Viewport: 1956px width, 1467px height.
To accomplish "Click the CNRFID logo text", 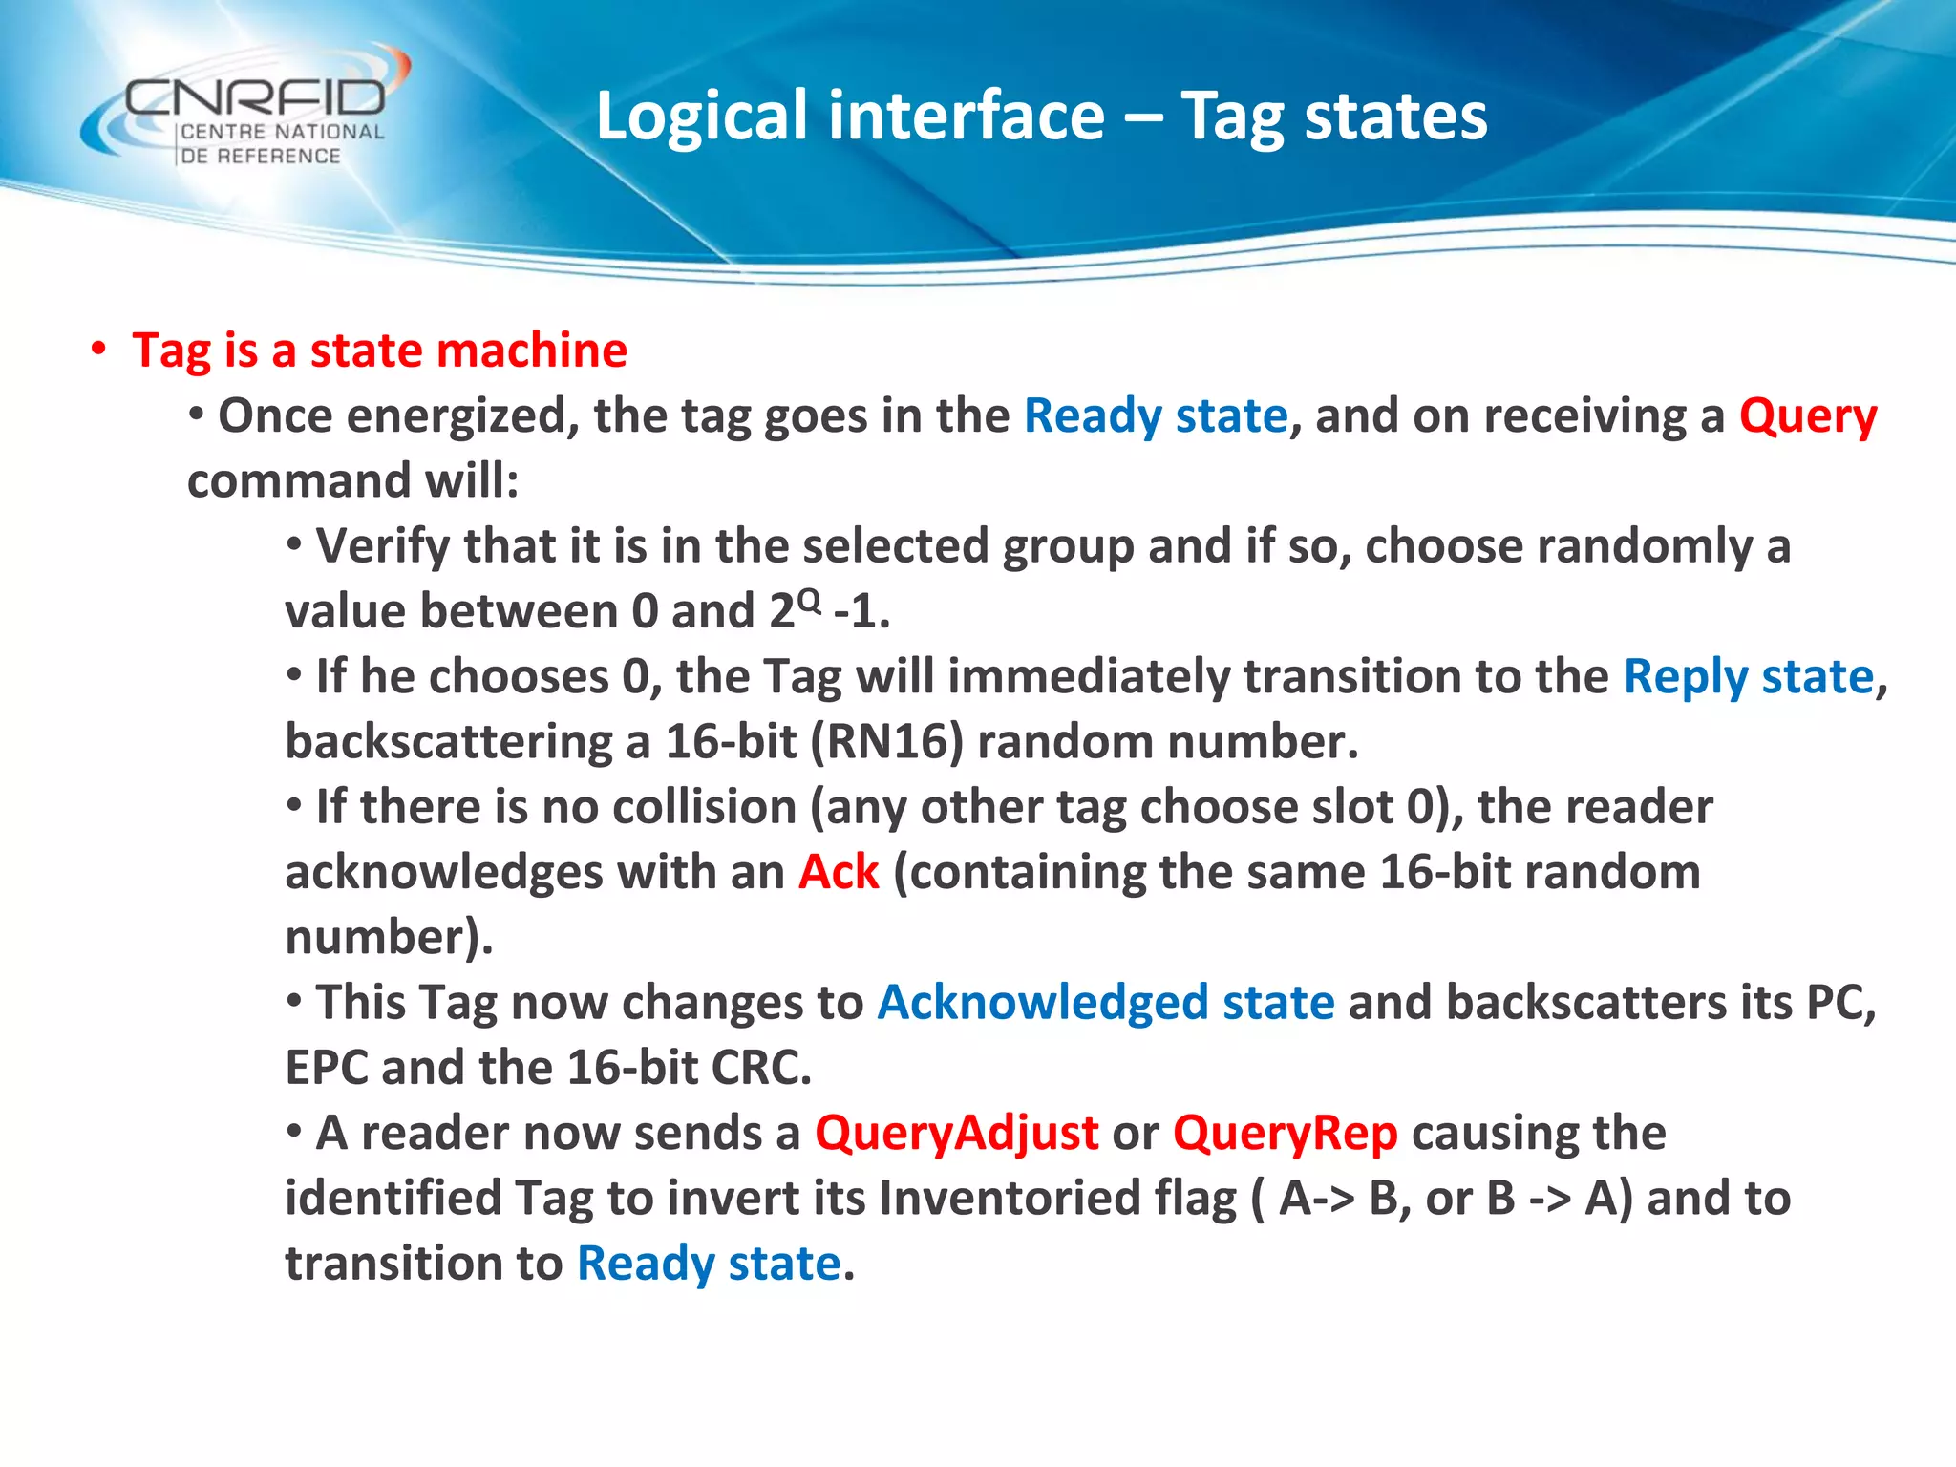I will pos(256,97).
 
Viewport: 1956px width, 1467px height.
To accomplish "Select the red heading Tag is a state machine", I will pos(379,351).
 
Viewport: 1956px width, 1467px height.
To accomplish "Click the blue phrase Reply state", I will pos(1749,677).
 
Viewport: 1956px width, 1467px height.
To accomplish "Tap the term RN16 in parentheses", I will pos(886,742).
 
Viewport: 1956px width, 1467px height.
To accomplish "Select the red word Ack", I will pos(838,872).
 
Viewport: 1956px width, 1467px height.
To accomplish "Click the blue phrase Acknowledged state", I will pos(1105,1003).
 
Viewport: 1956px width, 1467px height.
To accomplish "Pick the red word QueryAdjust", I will pos(956,1134).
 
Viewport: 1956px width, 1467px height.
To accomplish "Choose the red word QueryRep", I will pos(1285,1134).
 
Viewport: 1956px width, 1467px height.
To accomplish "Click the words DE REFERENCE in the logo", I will pos(260,156).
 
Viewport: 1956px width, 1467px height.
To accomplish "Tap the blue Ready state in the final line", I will pos(709,1264).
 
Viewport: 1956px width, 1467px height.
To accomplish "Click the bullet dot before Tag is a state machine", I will pos(98,349).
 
